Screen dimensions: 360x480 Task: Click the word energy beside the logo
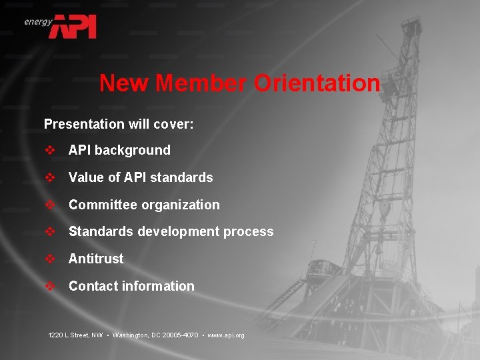click(x=38, y=21)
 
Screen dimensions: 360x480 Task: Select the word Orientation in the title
click(x=317, y=84)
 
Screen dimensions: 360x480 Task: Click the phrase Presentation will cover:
click(x=119, y=124)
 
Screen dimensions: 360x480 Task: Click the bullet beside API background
click(x=50, y=151)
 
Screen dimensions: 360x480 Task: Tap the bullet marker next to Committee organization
click(x=50, y=205)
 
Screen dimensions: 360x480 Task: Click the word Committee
click(x=100, y=205)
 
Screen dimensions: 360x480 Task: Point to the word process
click(x=249, y=232)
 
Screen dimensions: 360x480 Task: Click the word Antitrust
click(x=96, y=259)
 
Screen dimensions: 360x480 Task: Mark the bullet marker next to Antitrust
click(x=50, y=259)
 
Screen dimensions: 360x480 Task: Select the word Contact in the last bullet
click(x=91, y=286)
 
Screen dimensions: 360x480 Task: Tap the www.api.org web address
click(x=226, y=335)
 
